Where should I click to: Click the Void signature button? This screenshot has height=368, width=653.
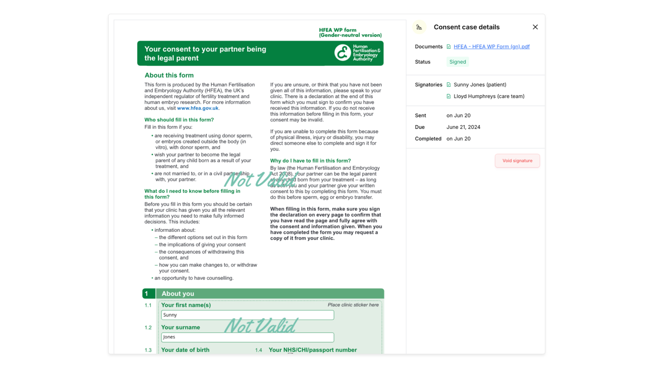(x=517, y=161)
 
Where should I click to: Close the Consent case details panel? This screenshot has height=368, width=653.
(x=535, y=27)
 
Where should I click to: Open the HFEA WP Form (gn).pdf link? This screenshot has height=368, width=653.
(x=491, y=46)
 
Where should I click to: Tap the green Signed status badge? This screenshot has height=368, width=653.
(x=457, y=62)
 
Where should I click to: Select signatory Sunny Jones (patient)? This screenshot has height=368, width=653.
(x=479, y=84)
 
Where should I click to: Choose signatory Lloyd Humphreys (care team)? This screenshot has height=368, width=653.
(x=488, y=96)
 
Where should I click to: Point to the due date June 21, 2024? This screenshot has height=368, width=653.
(x=463, y=127)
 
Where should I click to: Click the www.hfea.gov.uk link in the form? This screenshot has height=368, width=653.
(x=198, y=108)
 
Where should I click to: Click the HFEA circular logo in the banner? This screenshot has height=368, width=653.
(x=342, y=53)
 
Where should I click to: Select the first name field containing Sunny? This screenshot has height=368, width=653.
(x=247, y=315)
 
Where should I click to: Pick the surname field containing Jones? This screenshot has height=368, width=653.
(x=247, y=337)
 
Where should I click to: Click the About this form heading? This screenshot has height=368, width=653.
(x=169, y=75)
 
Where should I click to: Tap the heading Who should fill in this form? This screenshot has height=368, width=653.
(x=179, y=120)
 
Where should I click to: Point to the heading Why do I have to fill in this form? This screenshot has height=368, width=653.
(x=310, y=161)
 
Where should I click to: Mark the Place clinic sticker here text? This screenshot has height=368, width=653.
(x=353, y=305)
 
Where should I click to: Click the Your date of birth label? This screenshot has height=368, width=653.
(x=185, y=350)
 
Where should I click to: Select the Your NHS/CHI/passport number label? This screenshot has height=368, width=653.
(x=313, y=350)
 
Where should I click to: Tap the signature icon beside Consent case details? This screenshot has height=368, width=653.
(x=419, y=28)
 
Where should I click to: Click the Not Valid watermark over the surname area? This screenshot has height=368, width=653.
(x=260, y=326)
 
